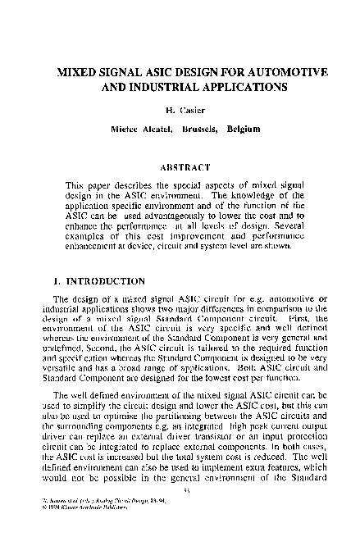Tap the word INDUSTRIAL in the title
(x=165, y=87)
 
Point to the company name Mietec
(x=125, y=129)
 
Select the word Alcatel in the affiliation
(x=166, y=129)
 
